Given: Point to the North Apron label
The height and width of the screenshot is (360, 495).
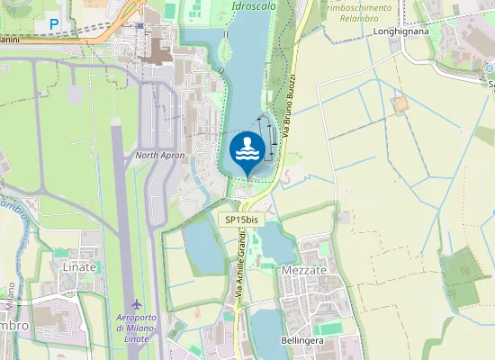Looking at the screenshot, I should (x=159, y=155).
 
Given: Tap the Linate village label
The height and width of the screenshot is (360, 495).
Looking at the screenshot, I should (x=79, y=267).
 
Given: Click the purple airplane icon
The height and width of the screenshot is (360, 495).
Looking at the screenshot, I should (x=136, y=306).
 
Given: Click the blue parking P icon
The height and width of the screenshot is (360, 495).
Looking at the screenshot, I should (x=54, y=24).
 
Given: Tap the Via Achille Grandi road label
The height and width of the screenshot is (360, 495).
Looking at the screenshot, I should (x=240, y=266).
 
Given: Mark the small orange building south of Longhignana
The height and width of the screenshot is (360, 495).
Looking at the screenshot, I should (x=400, y=103).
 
